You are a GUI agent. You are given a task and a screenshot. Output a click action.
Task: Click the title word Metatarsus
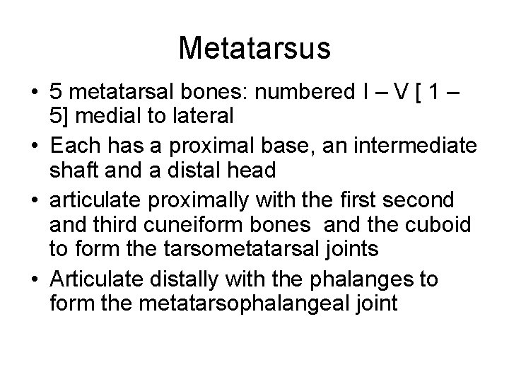pos(255,48)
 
